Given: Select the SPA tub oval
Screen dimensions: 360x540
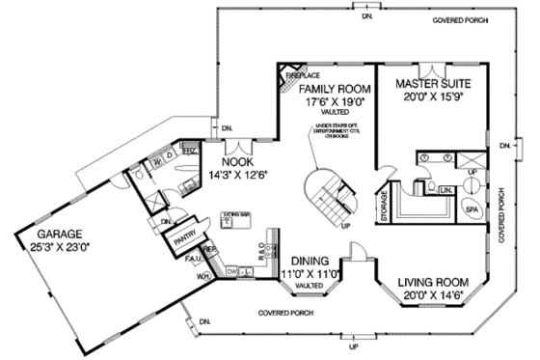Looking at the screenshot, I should coord(472,208).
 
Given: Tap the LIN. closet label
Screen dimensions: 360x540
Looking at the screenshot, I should coord(445,190).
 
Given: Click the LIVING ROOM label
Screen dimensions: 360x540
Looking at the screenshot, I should coord(432,283).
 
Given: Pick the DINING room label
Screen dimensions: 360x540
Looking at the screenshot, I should coord(310,262).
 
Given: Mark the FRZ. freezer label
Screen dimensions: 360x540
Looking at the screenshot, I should coord(190,152).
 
